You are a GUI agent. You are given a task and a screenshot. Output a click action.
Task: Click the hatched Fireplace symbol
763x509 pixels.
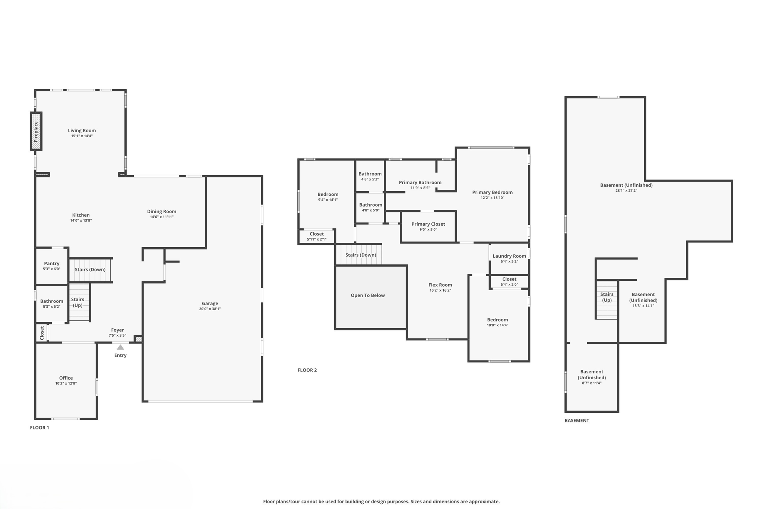36,131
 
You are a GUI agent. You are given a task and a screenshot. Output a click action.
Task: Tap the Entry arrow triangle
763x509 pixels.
120,347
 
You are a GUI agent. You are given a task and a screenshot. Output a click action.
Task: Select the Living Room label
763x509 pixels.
82,131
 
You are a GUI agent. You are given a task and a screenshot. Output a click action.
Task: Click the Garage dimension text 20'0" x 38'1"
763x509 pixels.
210,309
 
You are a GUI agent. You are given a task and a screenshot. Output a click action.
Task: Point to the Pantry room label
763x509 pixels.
51,263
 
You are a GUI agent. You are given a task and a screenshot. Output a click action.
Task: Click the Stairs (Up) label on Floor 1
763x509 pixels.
77,302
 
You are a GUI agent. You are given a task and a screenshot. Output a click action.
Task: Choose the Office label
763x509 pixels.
66,378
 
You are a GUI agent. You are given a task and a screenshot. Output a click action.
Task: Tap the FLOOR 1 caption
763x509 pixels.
39,427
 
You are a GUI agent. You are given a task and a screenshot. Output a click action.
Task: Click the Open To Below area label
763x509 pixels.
367,295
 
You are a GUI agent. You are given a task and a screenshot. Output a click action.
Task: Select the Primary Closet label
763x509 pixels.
428,224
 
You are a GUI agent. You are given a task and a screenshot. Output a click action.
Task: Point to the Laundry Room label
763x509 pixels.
509,256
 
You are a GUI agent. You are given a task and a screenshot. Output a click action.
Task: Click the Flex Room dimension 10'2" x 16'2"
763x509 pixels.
440,290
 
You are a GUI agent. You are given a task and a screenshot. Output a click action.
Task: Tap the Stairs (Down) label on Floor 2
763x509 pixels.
360,255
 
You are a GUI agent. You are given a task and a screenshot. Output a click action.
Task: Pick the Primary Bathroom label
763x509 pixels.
420,182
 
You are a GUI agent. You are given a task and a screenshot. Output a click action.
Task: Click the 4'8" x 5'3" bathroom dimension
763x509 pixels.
370,179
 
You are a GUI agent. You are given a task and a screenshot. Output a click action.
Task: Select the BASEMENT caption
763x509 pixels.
576,420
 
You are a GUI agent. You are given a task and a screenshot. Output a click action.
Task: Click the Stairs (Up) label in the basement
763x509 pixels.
607,297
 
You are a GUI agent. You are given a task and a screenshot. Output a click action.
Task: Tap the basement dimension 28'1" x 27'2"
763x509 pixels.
626,191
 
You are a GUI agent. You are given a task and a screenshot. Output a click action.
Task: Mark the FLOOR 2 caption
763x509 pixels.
307,370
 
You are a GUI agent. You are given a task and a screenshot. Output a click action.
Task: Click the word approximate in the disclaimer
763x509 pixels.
485,502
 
